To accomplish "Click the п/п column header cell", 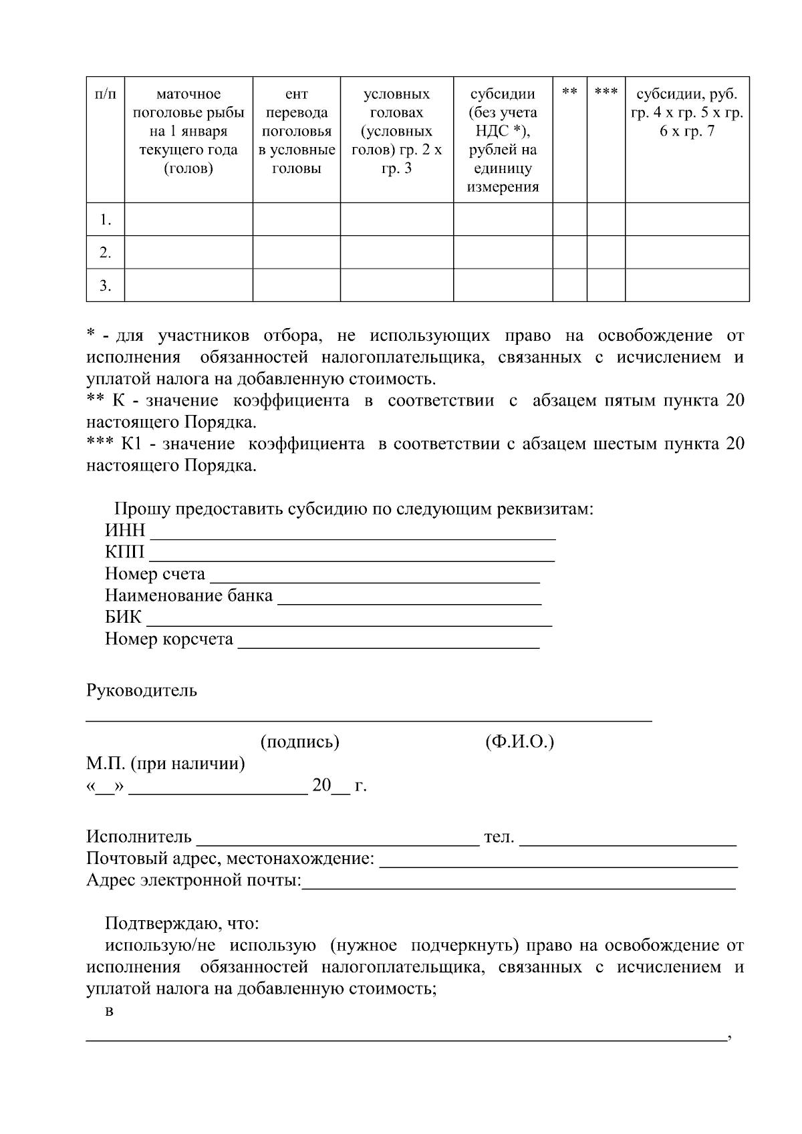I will (x=105, y=94).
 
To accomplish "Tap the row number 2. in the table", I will (x=105, y=253).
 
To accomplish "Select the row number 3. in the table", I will (x=105, y=286).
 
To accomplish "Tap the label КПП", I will (x=124, y=553).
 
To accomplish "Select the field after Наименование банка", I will (x=409, y=597).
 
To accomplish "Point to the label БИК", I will (x=123, y=617).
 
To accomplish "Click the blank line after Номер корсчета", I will (x=388, y=640).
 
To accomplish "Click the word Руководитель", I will (x=142, y=690).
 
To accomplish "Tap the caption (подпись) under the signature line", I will (x=299, y=742).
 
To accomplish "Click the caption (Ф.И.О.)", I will (x=519, y=742).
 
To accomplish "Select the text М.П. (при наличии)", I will (x=165, y=764).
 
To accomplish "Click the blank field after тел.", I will (x=628, y=838).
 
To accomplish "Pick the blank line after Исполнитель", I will (x=338, y=838).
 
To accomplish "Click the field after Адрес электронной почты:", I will (x=519, y=882).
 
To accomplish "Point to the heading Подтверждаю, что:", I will (x=182, y=924).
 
